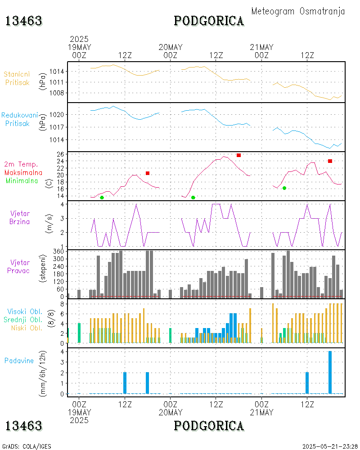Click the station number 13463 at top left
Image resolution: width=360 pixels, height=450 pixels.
point(23,21)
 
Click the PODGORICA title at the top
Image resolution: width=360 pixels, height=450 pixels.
point(209,21)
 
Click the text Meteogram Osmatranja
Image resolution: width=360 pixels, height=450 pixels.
point(298,11)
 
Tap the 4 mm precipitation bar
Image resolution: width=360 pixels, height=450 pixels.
point(330,372)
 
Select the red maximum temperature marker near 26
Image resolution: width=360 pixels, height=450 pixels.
point(238,155)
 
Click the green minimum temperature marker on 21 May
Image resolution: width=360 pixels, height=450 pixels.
point(284,188)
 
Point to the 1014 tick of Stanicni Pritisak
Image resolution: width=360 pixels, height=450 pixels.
point(58,72)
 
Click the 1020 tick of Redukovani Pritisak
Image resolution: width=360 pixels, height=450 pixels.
point(58,115)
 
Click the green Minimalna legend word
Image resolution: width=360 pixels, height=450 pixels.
point(22,180)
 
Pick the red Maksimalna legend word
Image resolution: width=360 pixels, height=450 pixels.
point(23,172)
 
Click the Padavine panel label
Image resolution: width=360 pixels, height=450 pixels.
point(19,360)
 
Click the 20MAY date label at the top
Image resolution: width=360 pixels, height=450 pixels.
point(171,47)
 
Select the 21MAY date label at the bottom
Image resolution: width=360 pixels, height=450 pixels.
point(261,412)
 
